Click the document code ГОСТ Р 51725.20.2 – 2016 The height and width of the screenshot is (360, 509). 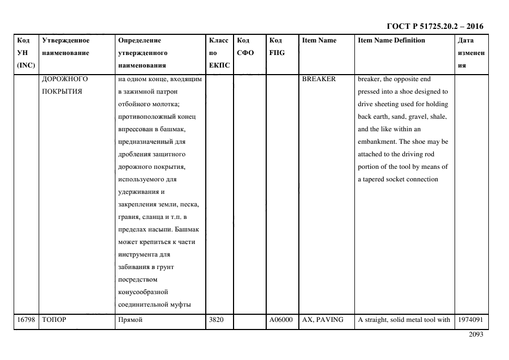[x=434, y=26]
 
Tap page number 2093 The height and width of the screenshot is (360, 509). [x=475, y=335]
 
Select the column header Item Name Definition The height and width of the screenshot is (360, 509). [x=391, y=40]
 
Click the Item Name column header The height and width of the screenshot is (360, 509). [x=319, y=40]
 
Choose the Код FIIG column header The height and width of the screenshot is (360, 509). [x=277, y=47]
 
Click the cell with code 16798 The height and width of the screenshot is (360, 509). [x=26, y=320]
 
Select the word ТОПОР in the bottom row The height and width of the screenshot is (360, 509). [x=53, y=320]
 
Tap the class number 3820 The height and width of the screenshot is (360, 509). [x=216, y=320]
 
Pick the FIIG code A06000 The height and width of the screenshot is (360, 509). [x=281, y=320]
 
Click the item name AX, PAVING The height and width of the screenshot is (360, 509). [x=323, y=320]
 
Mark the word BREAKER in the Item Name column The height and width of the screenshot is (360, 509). [x=319, y=78]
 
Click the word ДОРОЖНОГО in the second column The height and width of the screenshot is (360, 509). [x=65, y=78]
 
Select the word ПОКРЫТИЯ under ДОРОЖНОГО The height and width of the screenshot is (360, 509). [x=62, y=91]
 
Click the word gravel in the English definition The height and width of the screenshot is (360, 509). [x=417, y=117]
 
